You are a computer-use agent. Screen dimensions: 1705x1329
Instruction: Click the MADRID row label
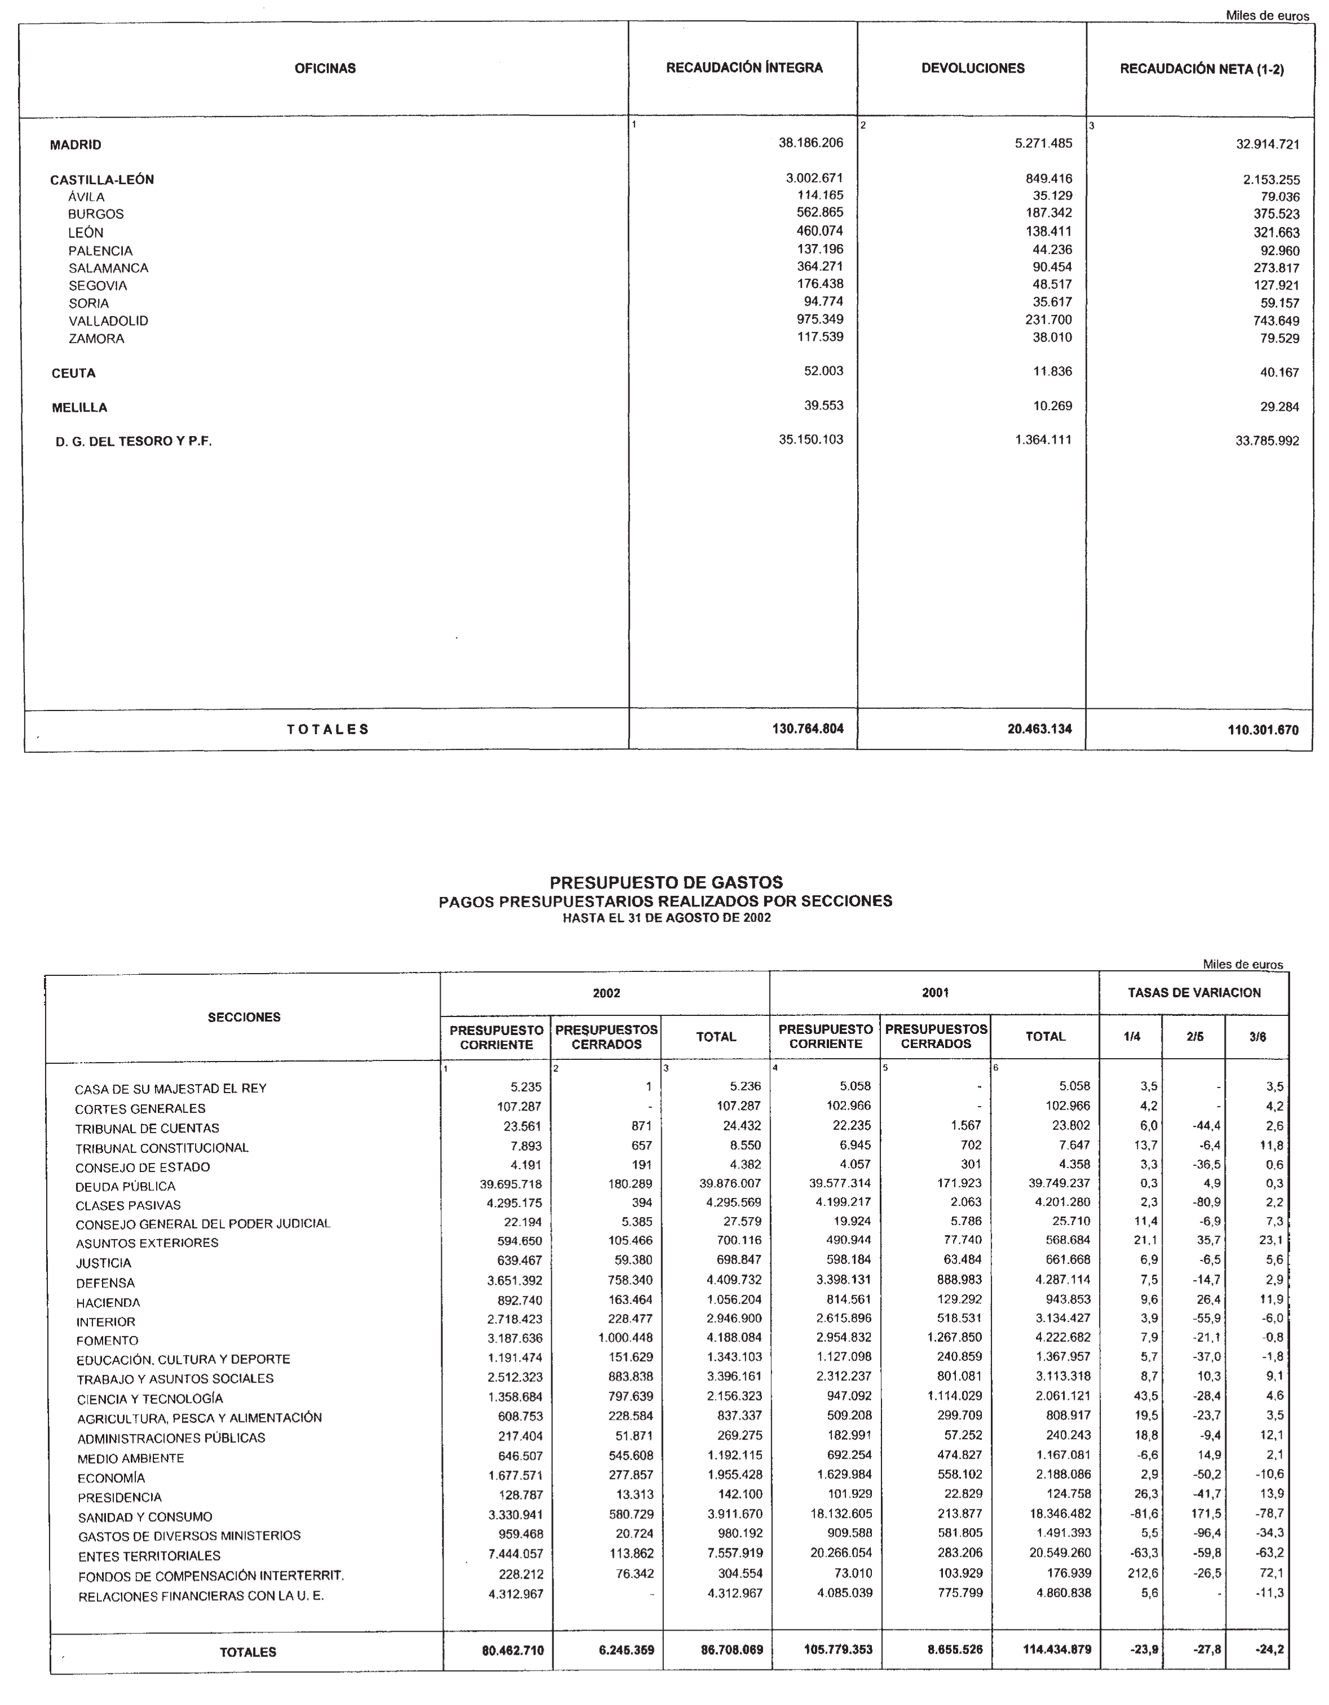[76, 145]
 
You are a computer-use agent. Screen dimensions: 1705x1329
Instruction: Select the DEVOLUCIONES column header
[973, 69]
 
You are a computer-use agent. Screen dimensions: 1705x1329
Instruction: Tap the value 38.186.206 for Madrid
[810, 143]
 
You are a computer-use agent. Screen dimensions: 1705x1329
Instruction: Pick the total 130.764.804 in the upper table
[808, 729]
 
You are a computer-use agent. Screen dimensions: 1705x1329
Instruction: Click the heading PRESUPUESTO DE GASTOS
[666, 882]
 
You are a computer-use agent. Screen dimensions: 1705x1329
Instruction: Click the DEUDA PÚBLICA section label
[125, 1187]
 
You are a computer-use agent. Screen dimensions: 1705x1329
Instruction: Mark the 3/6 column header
[1257, 1037]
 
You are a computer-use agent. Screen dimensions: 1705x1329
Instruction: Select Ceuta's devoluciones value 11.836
[1053, 372]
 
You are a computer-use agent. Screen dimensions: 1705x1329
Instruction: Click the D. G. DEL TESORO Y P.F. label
[134, 442]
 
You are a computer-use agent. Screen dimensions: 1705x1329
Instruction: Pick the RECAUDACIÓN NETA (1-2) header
[1201, 69]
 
